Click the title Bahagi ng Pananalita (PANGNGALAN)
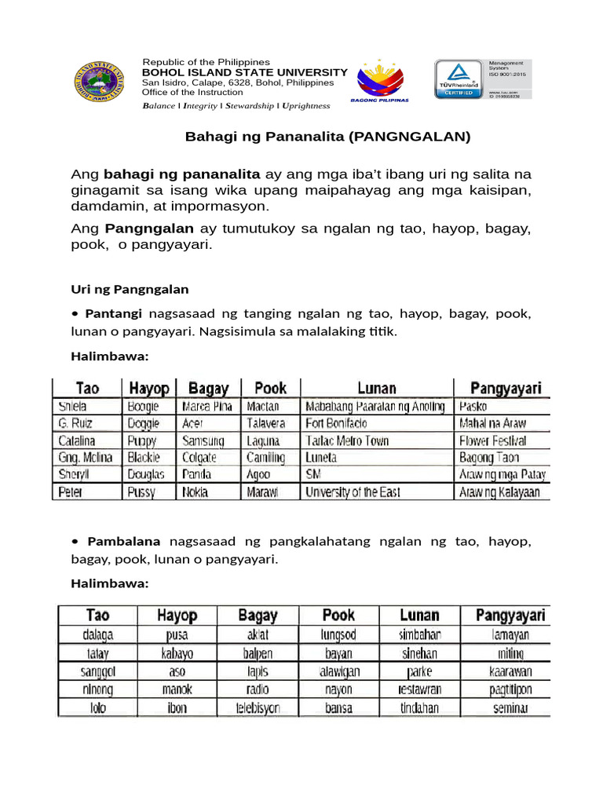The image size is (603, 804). click(327, 137)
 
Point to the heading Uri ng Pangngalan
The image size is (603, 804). click(130, 288)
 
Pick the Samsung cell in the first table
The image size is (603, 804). click(203, 440)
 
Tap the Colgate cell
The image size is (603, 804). click(199, 458)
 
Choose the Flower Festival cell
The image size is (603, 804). click(492, 440)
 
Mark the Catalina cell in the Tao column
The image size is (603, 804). click(77, 440)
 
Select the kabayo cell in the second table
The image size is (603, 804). click(177, 653)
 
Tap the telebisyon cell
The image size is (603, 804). click(258, 707)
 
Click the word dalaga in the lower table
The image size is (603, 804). click(97, 634)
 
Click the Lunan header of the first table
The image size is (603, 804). click(376, 388)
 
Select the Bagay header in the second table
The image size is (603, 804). click(258, 615)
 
